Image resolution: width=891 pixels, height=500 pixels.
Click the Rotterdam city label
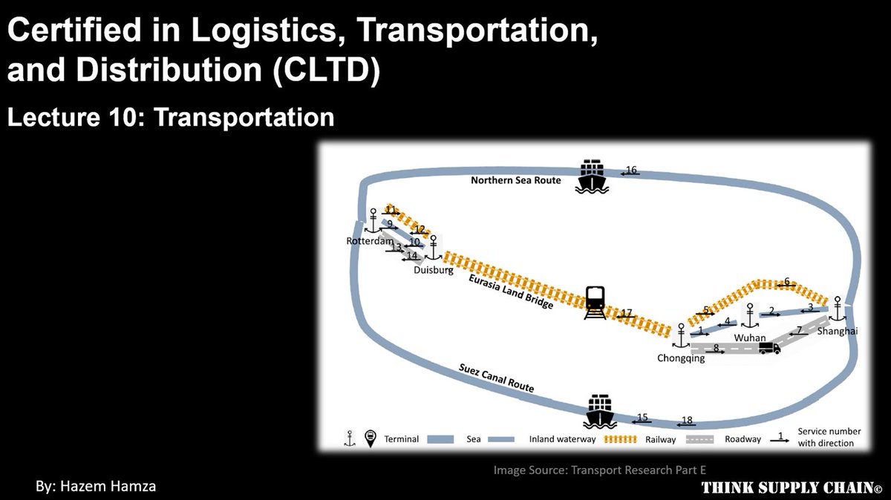click(x=369, y=241)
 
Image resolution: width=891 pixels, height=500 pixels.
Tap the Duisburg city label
click(x=434, y=271)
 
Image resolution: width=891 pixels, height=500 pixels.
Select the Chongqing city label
click(x=680, y=358)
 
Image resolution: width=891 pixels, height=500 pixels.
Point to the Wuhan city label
click(x=749, y=338)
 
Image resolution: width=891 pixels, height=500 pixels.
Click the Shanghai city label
click(x=837, y=332)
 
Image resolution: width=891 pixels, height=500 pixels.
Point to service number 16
click(x=631, y=170)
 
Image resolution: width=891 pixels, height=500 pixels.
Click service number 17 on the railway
click(x=626, y=314)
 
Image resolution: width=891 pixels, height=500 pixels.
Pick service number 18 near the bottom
click(x=687, y=421)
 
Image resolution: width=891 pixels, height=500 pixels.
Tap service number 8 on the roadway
click(x=716, y=348)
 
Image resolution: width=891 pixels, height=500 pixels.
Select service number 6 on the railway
click(x=787, y=282)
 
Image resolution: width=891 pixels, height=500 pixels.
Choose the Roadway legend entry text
click(x=743, y=439)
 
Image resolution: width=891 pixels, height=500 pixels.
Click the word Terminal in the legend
click(x=402, y=439)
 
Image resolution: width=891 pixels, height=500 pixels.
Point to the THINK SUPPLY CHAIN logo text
click(x=792, y=487)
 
